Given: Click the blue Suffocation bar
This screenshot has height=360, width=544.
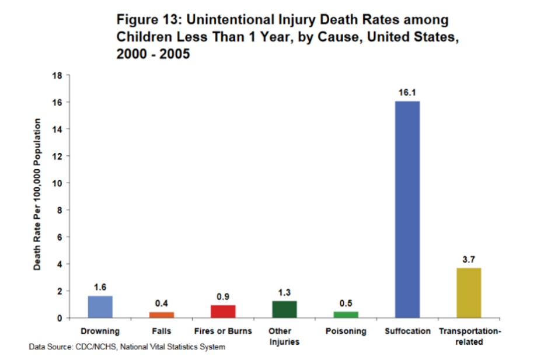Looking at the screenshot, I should [x=407, y=209].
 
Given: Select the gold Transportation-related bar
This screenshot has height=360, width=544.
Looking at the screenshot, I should [x=469, y=293].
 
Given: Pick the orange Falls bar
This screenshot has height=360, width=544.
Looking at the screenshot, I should [x=162, y=314].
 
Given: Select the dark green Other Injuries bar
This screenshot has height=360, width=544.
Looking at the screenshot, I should [x=284, y=309].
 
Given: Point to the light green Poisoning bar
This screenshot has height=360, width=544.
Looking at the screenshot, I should [x=346, y=314].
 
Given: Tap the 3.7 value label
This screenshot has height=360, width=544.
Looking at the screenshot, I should [x=469, y=259].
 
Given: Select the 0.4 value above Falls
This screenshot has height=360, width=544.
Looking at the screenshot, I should [x=162, y=303].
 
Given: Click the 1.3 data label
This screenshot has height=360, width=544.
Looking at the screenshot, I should [x=284, y=292].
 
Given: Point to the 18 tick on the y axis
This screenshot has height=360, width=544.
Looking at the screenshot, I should [x=57, y=75].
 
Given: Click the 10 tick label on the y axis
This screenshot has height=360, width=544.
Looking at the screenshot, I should [x=57, y=183].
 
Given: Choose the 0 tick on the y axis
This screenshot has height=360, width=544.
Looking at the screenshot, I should [x=60, y=318].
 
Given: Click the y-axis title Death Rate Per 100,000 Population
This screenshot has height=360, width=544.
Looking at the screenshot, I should [x=37, y=194].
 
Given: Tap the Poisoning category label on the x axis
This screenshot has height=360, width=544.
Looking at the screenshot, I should [x=346, y=331].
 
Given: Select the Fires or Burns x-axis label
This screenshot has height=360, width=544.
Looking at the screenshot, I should [x=223, y=331].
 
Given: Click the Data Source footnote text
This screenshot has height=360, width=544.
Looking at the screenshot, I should [x=127, y=347].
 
